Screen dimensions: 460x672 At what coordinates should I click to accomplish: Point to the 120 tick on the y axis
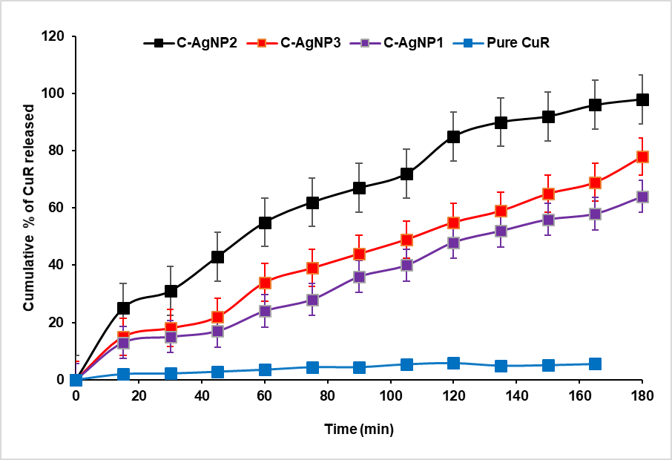click(54, 36)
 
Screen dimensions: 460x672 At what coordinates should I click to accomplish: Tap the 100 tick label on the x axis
click(358, 395)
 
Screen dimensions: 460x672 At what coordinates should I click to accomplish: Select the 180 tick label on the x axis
click(642, 395)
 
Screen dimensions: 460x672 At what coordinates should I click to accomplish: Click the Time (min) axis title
click(358, 429)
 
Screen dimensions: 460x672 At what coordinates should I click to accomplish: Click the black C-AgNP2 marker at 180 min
click(642, 99)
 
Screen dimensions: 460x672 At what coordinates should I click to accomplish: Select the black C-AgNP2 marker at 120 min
click(453, 137)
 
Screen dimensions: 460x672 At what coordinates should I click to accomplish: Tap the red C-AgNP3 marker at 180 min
click(642, 157)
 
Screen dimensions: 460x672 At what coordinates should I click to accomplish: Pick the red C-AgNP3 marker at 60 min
click(265, 282)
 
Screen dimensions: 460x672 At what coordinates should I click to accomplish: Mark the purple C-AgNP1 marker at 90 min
click(359, 277)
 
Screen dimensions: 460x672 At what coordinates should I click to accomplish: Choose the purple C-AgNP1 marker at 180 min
click(642, 197)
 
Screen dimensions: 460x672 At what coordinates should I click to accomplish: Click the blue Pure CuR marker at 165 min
click(595, 364)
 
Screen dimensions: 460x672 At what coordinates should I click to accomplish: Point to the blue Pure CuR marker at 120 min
click(453, 363)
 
